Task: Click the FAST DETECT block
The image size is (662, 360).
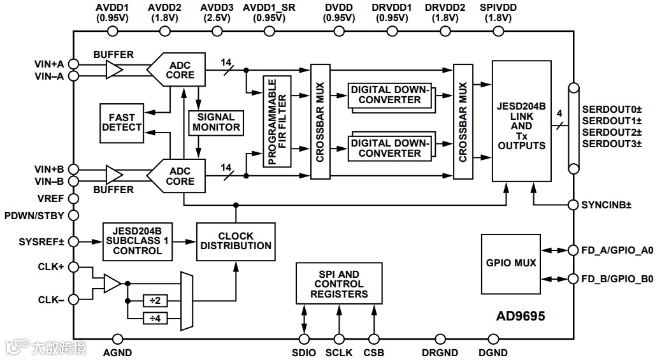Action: point(122,123)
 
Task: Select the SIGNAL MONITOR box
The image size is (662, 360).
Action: point(216,123)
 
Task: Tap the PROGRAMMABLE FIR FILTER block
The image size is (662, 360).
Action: point(277,122)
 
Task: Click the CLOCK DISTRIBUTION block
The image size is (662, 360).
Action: point(236,241)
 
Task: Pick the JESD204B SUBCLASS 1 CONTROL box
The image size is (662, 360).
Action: point(137,241)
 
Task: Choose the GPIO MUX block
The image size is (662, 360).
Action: point(511,264)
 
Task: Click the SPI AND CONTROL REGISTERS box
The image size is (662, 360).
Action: point(339,283)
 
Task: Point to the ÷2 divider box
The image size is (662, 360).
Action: point(155,301)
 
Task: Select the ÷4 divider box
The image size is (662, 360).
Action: point(155,318)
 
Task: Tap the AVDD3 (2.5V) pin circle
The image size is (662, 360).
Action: point(217,31)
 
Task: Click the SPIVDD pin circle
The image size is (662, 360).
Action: point(499,31)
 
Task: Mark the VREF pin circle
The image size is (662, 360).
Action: point(73,198)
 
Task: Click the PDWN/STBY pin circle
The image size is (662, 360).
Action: point(73,215)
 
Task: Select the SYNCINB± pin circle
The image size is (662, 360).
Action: point(573,205)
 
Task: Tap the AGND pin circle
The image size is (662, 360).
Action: point(118,339)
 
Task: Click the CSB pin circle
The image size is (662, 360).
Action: point(373,339)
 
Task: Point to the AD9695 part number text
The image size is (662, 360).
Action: point(521,315)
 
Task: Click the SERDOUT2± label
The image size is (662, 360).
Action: point(612,132)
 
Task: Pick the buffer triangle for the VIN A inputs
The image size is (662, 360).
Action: point(115,69)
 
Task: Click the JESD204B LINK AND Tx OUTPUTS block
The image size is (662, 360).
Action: point(521,121)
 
